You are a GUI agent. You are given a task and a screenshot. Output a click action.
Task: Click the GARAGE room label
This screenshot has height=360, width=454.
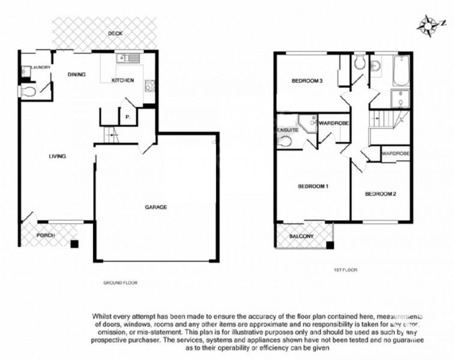point(156,207)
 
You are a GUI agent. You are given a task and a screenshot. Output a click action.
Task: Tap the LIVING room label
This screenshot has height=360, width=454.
point(57,156)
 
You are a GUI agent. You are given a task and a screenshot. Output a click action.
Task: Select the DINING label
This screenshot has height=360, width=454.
point(76,74)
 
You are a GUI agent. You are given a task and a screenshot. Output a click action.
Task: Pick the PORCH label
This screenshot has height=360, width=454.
point(46,235)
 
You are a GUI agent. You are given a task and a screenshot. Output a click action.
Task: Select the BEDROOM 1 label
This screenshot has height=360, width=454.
point(313,186)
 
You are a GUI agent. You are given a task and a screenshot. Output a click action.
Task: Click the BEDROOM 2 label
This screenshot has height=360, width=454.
point(381,194)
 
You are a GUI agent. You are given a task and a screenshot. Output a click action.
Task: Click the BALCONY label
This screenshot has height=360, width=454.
point(301,236)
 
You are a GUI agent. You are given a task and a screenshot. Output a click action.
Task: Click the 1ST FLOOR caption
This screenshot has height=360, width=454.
point(345,270)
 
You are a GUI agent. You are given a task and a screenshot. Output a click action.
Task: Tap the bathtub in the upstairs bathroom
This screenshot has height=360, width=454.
point(401,70)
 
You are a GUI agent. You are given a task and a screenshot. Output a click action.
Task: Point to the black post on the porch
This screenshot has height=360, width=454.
point(73,244)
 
